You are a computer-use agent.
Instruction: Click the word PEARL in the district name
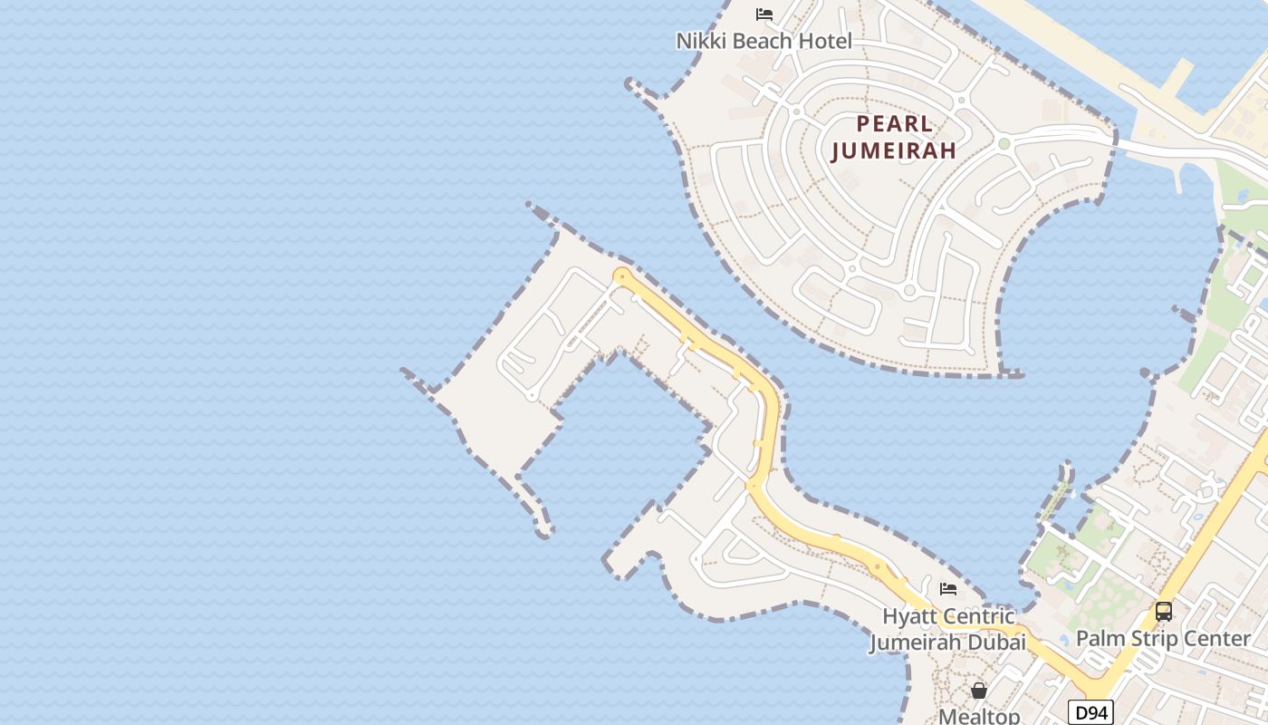click(x=895, y=123)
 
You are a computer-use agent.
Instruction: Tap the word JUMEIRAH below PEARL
click(x=894, y=150)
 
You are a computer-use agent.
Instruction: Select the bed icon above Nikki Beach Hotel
click(x=764, y=14)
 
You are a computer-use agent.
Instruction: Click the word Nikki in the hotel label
click(x=701, y=41)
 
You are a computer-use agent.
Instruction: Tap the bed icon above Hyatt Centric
click(x=948, y=589)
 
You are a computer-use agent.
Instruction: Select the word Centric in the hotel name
click(x=981, y=617)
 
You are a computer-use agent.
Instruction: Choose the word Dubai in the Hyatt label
click(x=999, y=643)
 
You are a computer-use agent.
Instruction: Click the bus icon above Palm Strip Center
click(x=1164, y=612)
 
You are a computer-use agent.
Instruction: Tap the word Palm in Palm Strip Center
click(x=1098, y=639)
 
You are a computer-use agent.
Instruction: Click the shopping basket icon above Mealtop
click(x=979, y=691)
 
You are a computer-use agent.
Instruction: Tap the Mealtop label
click(x=979, y=716)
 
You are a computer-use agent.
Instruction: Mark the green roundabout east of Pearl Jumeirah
click(x=1004, y=143)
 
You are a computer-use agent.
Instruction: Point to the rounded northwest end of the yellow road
click(x=621, y=275)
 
